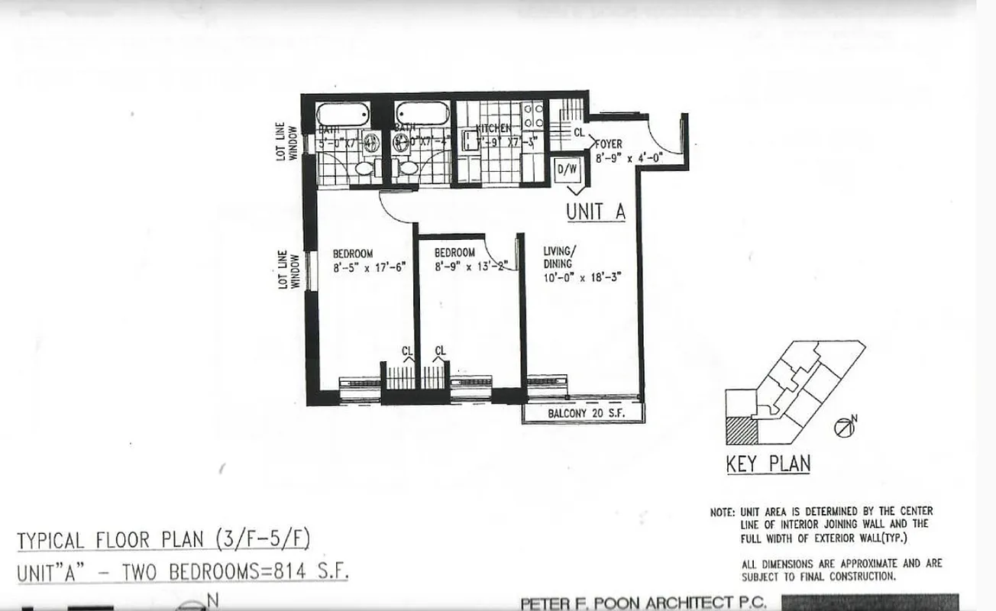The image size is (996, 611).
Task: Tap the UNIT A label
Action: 595,212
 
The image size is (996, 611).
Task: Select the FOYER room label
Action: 608,144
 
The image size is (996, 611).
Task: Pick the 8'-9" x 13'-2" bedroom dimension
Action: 466,267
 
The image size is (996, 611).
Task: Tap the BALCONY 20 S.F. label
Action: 584,414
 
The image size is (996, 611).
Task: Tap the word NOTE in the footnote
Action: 721,512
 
